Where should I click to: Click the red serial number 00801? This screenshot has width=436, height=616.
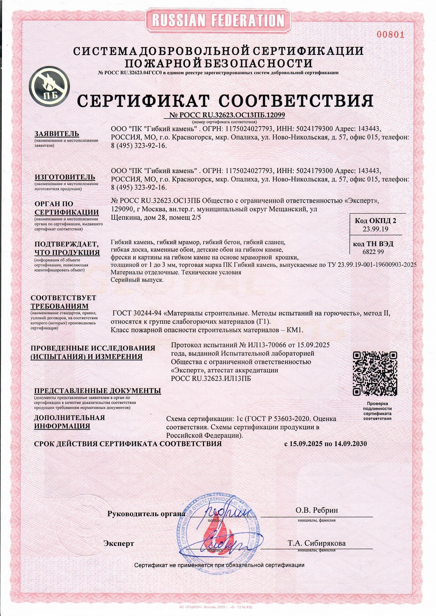coord(390,35)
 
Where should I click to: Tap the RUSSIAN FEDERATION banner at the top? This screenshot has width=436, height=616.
coord(218,20)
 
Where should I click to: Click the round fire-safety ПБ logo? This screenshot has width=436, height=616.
coord(49,85)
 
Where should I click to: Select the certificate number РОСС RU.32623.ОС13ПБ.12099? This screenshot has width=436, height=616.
coord(227,115)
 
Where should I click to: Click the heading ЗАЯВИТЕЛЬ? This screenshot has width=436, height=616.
coord(57,134)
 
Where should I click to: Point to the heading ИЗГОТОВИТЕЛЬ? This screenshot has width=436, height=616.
coord(65,177)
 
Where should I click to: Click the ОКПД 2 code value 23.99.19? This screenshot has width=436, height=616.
coord(375,229)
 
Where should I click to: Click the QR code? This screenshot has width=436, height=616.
coord(375,373)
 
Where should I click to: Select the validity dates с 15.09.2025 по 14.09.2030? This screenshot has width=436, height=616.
coord(325,443)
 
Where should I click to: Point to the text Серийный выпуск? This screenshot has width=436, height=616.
coord(137,280)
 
